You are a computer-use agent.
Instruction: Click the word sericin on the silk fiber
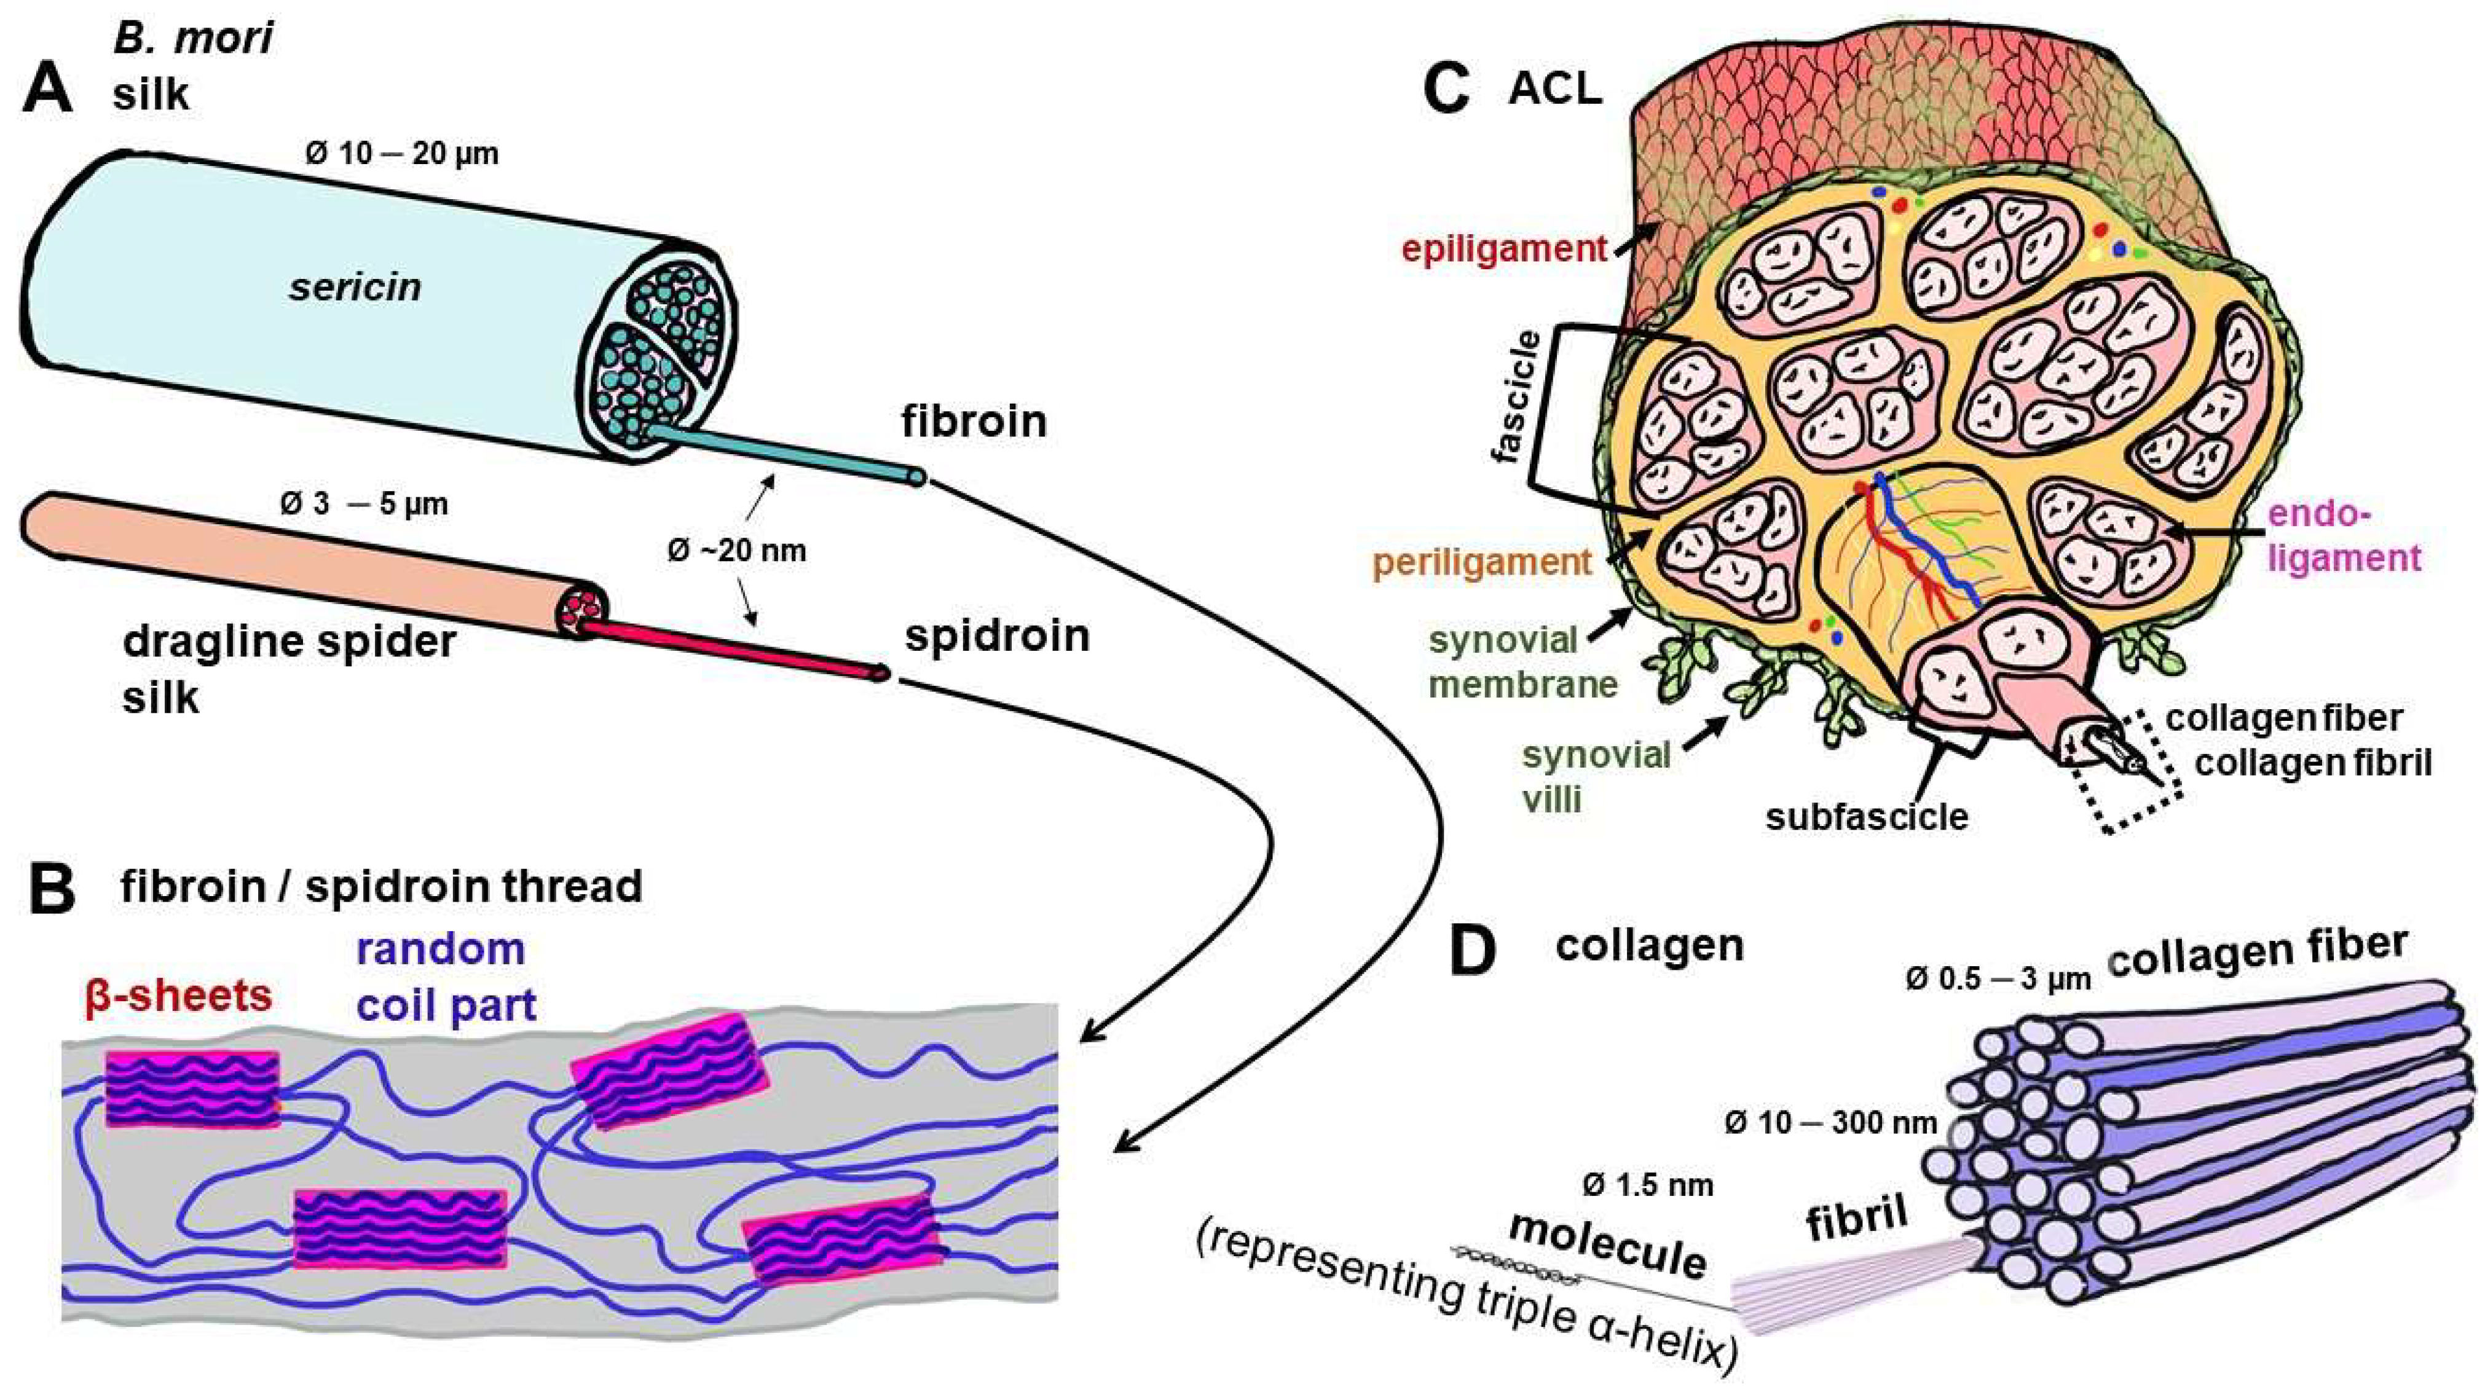[355, 288]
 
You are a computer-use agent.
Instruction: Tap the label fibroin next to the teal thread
[974, 422]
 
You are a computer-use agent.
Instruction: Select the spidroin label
[996, 635]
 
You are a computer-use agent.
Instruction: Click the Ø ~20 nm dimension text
[737, 551]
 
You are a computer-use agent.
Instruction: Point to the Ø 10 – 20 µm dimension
[402, 154]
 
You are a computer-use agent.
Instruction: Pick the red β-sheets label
[178, 996]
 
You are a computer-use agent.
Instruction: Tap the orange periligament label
[1482, 562]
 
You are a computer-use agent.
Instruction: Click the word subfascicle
[1867, 816]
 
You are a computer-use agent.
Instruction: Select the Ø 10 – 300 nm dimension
[1830, 1123]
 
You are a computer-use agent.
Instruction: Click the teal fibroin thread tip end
[916, 476]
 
